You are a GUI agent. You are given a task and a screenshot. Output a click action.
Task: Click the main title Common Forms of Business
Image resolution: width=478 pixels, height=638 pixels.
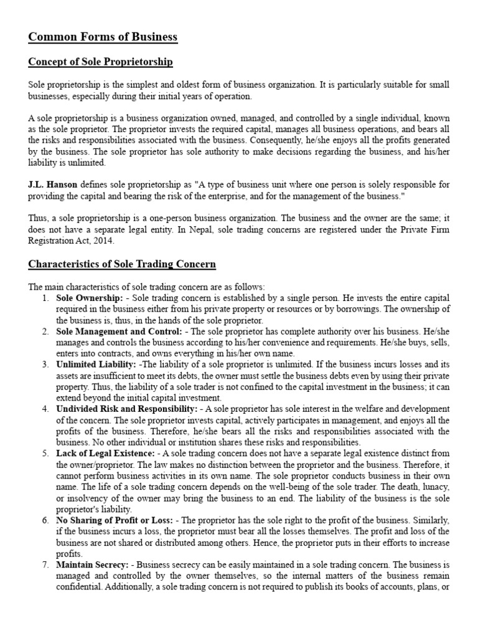103,37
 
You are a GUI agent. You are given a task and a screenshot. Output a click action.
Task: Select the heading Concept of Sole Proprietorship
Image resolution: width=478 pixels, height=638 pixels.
100,62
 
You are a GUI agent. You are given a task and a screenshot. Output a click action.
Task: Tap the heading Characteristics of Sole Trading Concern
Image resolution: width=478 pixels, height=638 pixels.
122,264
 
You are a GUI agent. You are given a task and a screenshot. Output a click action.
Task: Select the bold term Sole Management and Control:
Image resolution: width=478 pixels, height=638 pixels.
119,331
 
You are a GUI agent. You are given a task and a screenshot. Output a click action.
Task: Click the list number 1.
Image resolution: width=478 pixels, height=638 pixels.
45,298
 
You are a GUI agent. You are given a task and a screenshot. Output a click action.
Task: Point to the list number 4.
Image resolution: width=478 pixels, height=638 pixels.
45,409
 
